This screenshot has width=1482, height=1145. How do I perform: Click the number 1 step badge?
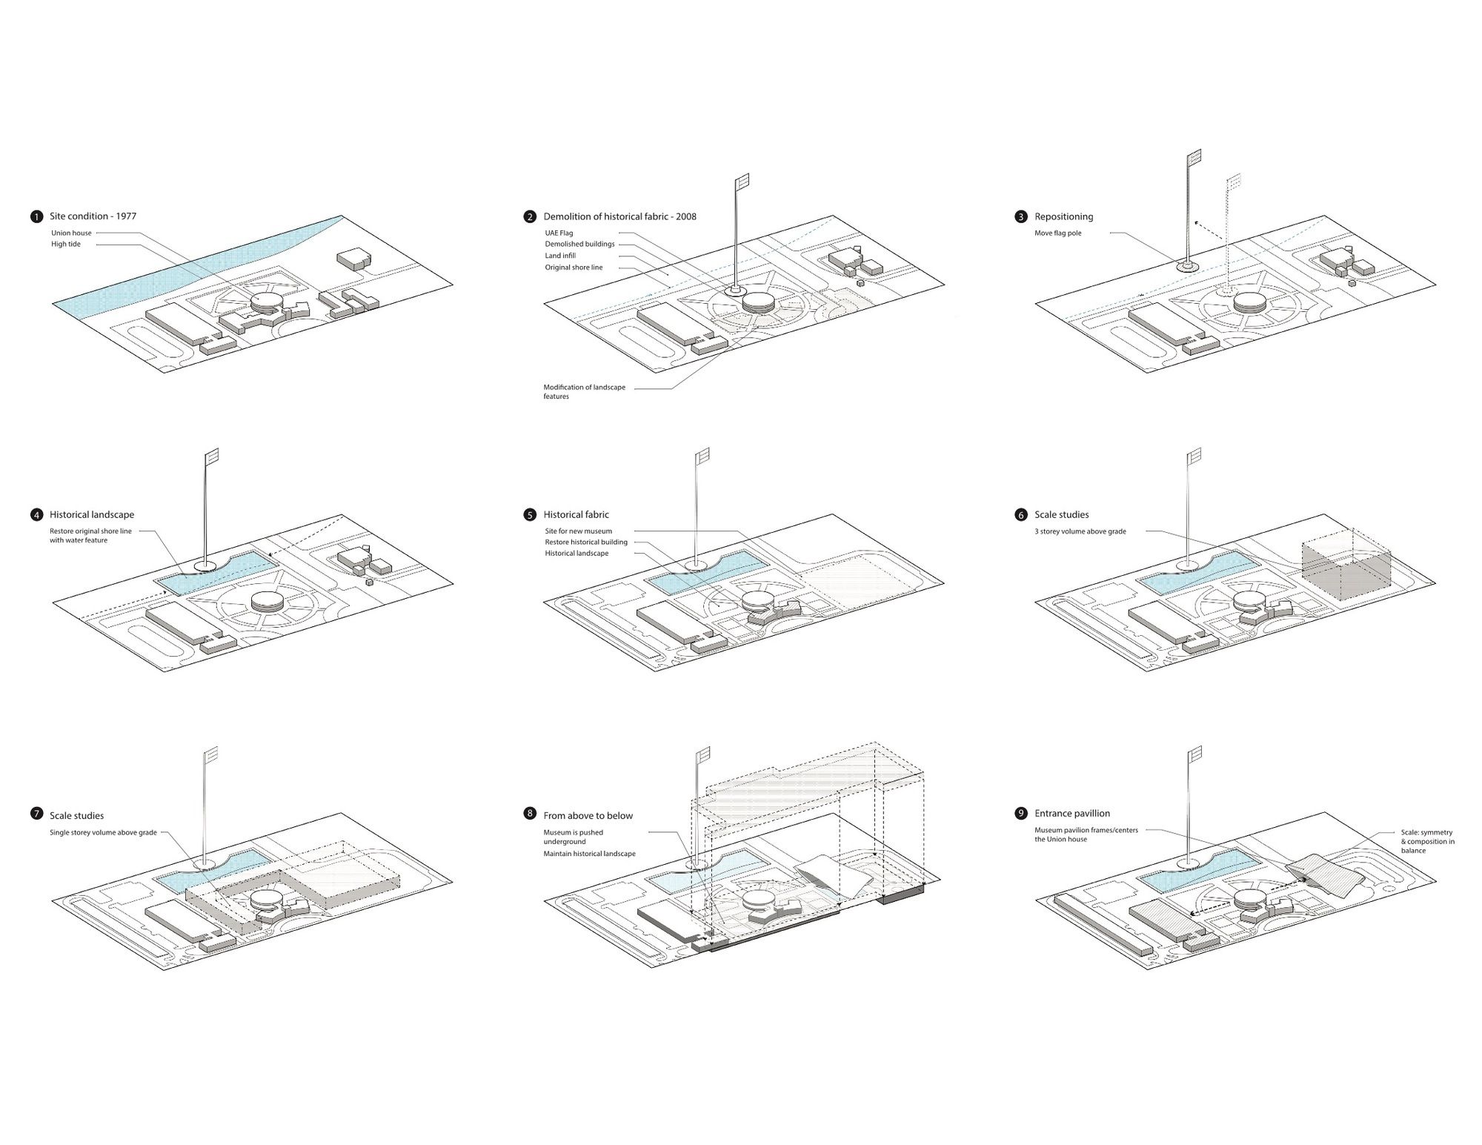click(x=37, y=216)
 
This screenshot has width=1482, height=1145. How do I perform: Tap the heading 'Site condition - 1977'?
click(x=93, y=216)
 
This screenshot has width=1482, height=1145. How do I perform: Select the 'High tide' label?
click(x=66, y=244)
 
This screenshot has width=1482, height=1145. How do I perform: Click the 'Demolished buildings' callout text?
click(x=579, y=244)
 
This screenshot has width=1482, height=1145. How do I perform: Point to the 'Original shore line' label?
click(x=574, y=267)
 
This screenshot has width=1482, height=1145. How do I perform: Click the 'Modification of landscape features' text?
click(x=584, y=391)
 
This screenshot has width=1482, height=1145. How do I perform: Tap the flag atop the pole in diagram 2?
click(x=742, y=182)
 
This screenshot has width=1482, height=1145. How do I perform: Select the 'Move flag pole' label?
click(x=1058, y=233)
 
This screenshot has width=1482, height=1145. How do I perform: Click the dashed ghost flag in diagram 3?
click(x=1234, y=182)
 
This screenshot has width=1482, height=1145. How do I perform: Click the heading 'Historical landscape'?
click(x=92, y=514)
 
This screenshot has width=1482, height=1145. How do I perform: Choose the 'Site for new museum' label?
click(x=579, y=531)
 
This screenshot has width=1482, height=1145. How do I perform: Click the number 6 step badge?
click(x=1022, y=514)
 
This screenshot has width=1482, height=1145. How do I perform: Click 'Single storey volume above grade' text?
click(x=103, y=832)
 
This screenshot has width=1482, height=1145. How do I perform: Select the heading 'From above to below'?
click(x=588, y=815)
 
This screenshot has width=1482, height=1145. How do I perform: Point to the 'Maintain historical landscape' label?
click(x=589, y=854)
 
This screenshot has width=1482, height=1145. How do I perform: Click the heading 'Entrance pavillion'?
click(x=1072, y=813)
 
